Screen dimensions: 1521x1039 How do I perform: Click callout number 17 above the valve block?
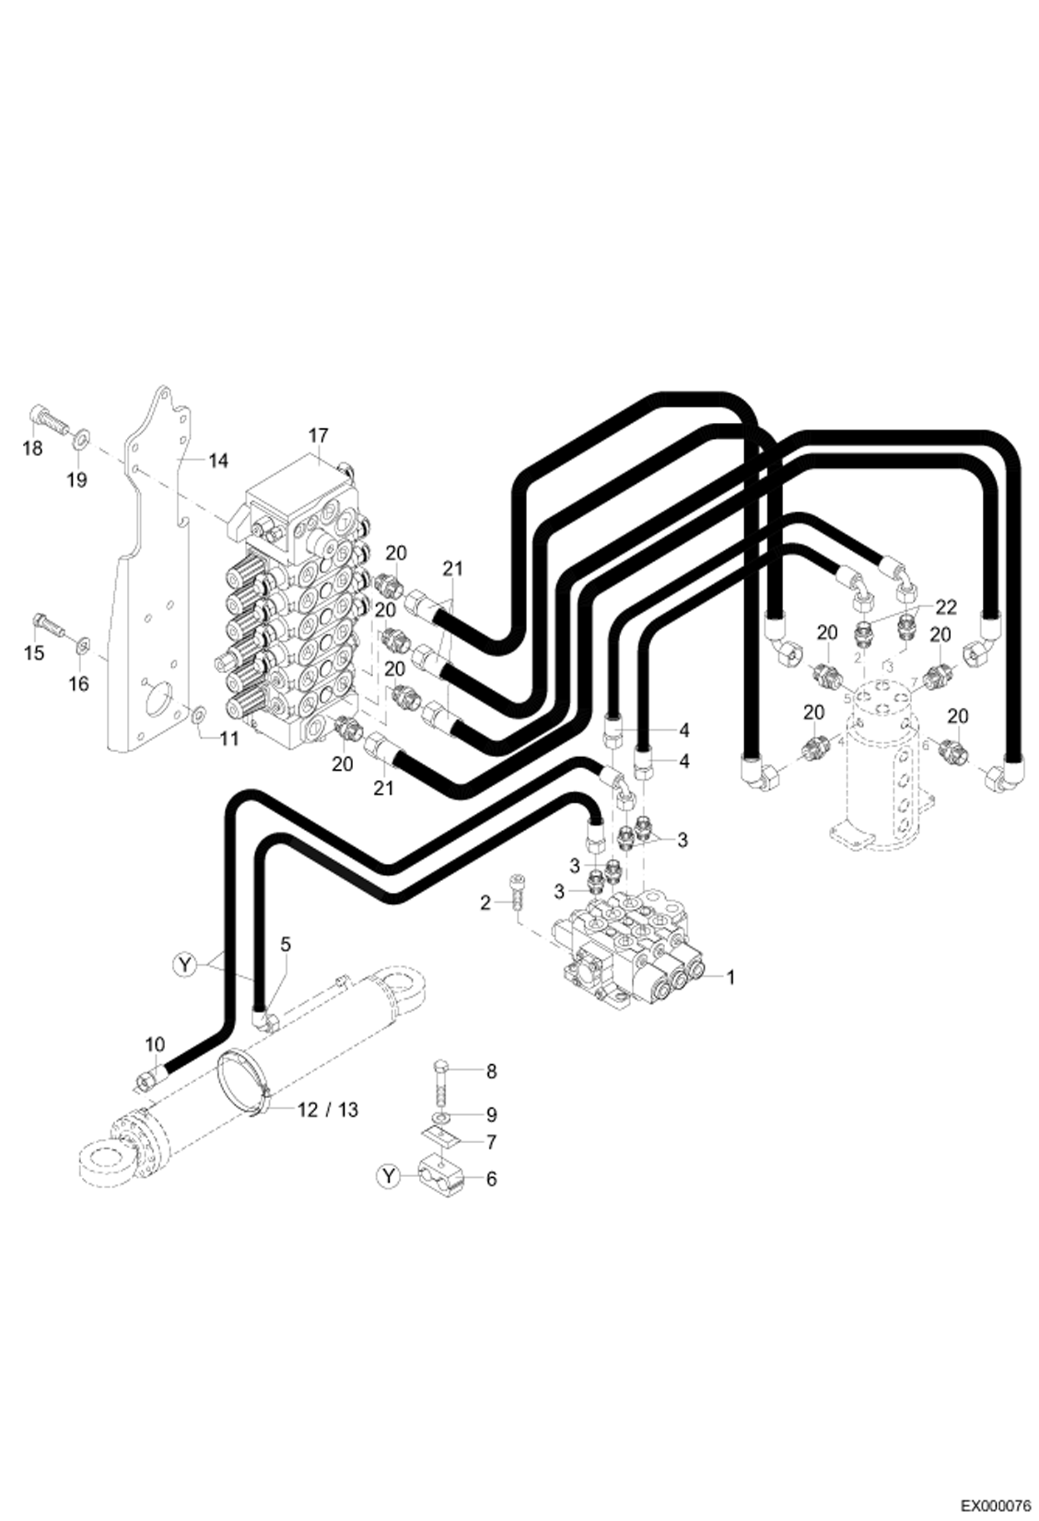coord(318,435)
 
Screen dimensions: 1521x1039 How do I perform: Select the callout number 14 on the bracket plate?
coord(218,460)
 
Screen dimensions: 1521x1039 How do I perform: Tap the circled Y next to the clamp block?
coord(389,1176)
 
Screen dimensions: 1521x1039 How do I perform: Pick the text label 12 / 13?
coord(328,1110)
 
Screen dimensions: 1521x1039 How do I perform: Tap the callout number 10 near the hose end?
coord(155,1044)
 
